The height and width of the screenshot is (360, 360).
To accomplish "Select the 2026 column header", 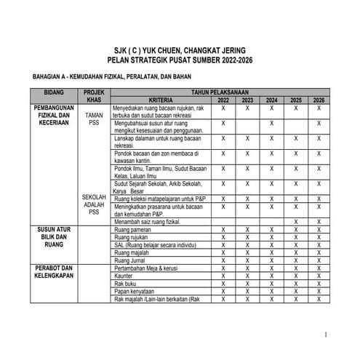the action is pos(319,100).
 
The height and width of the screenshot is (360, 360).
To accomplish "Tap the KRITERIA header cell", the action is pos(159,100).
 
